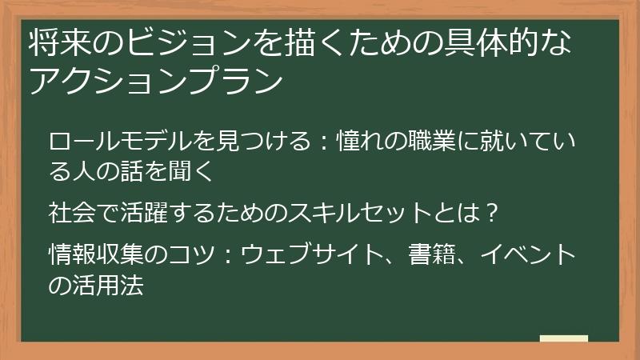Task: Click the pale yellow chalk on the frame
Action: (564, 339)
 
